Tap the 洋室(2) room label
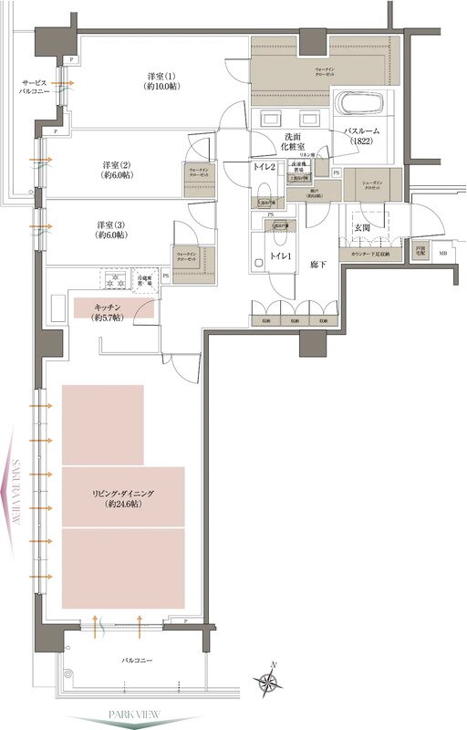[116, 171]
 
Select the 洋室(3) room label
[111, 229]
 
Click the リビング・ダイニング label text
[123, 498]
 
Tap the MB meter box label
[443, 254]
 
